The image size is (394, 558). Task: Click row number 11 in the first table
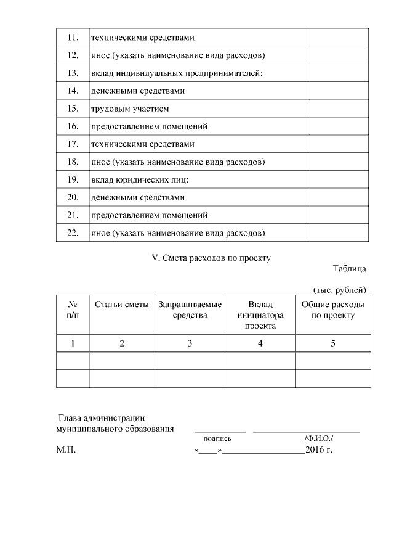(73, 38)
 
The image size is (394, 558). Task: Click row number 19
(73, 179)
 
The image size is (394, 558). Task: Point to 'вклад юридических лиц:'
(140, 179)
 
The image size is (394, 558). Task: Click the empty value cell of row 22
(339, 233)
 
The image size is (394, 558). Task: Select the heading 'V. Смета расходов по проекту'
(211, 258)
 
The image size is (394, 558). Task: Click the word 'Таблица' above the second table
(350, 269)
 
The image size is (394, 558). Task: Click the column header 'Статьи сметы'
(122, 305)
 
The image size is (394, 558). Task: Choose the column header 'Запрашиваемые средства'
(190, 310)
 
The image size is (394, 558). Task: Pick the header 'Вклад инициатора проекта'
(260, 315)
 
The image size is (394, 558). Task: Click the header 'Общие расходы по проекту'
(332, 310)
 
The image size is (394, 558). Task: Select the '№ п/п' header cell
(73, 310)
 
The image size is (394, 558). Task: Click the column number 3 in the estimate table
(190, 343)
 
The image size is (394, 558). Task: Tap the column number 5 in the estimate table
(332, 343)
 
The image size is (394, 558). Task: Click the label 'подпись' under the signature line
(217, 438)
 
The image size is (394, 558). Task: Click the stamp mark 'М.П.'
(66, 451)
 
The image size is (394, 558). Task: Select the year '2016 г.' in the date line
(318, 451)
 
